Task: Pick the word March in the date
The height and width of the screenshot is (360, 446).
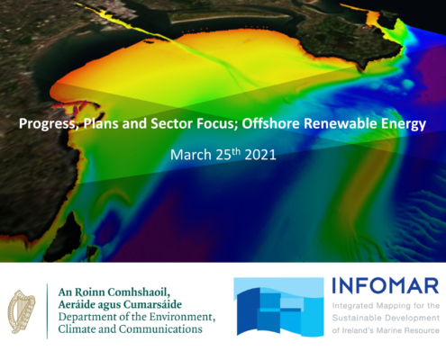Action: (x=191, y=155)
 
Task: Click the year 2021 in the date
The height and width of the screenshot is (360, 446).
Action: (x=260, y=155)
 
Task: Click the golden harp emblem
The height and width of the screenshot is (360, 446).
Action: (x=21, y=311)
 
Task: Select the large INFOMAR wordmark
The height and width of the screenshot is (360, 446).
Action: (x=386, y=286)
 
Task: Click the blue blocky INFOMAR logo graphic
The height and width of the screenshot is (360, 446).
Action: (x=278, y=306)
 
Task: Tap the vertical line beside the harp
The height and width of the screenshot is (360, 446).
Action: (x=47, y=311)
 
